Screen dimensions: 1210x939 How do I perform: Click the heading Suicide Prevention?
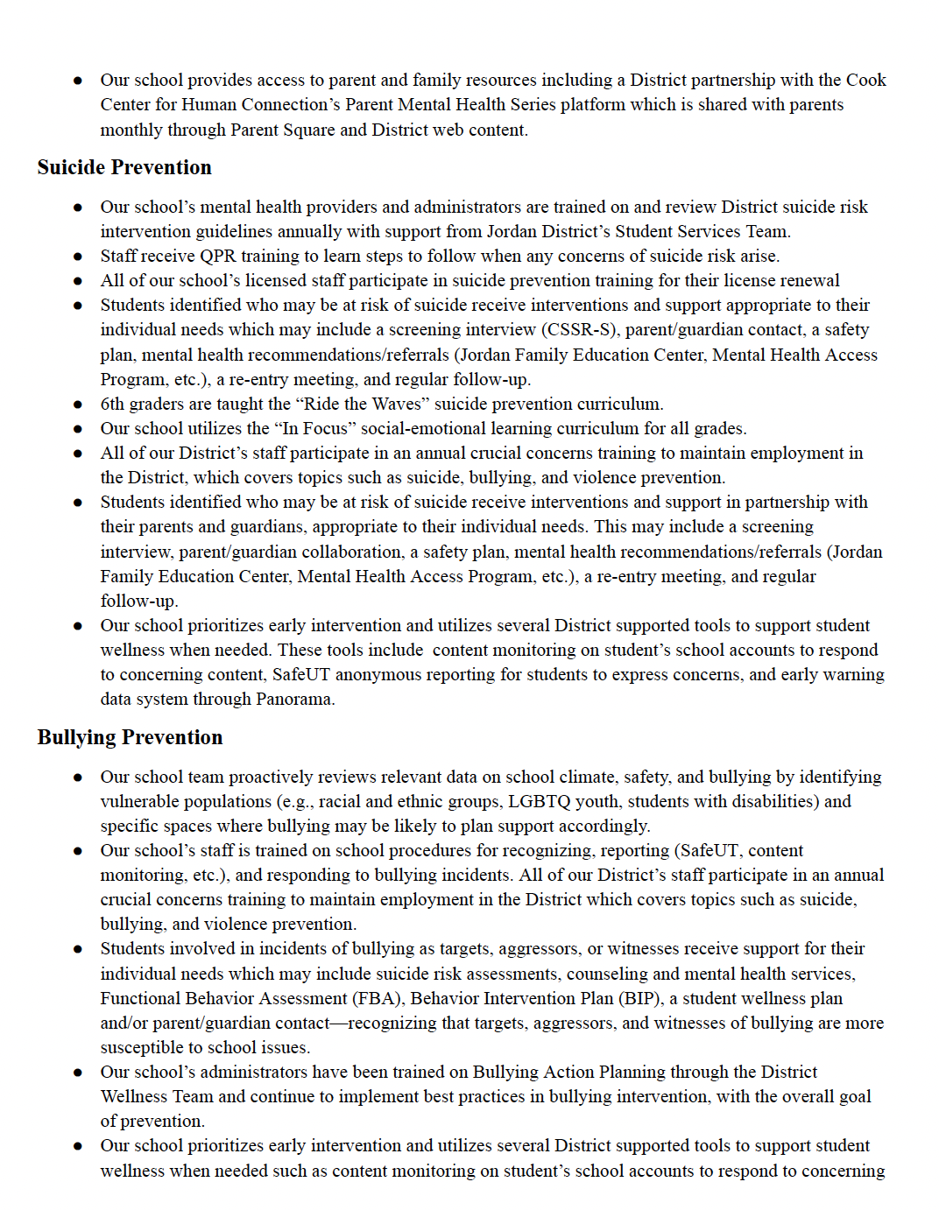(124, 167)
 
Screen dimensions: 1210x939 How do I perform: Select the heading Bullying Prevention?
(130, 737)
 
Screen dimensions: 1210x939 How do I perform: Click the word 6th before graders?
(112, 404)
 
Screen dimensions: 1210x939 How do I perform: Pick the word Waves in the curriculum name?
(397, 404)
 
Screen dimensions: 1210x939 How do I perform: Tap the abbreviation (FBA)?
(378, 998)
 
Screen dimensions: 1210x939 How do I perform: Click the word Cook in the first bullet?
(865, 80)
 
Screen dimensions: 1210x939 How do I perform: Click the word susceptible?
(142, 1047)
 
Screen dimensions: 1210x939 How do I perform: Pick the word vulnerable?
(142, 801)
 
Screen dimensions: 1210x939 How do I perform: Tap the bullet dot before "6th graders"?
(78, 405)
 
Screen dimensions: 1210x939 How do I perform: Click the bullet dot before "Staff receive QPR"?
(78, 257)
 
